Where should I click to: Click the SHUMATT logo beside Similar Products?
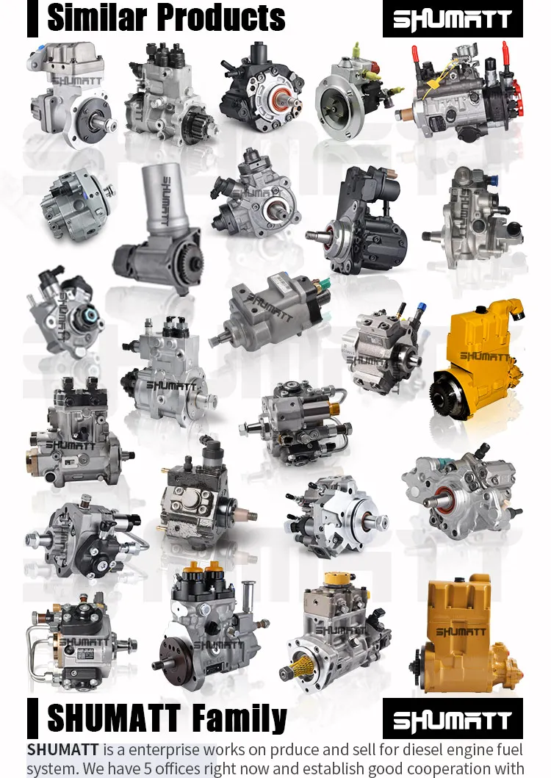453,20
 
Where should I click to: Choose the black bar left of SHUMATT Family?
32,718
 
